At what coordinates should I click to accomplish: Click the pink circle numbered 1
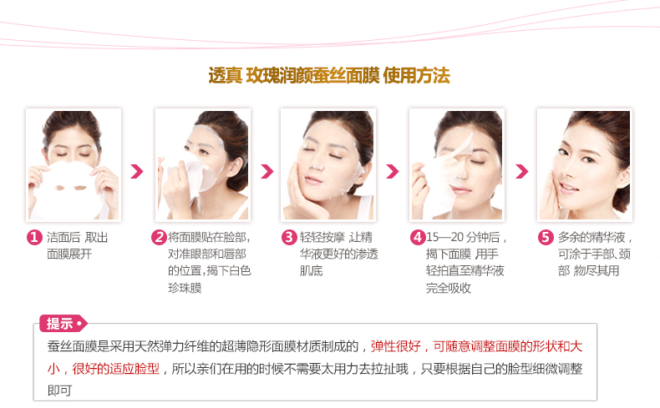pos(34,238)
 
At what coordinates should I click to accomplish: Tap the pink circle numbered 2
pos(159,238)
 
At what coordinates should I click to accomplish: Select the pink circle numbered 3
pos(289,238)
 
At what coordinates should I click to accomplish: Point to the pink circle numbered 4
pos(418,238)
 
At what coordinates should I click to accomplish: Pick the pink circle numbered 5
pos(546,238)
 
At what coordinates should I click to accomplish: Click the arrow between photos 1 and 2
pos(137,171)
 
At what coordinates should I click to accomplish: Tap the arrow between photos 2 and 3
pos(267,171)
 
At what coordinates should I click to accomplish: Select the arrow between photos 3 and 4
pos(393,171)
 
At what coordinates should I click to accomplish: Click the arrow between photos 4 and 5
pos(522,171)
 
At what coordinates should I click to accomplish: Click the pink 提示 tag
pos(63,324)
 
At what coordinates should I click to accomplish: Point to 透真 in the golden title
pos(226,76)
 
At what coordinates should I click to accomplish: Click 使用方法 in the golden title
pos(417,76)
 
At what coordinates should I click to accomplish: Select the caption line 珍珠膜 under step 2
pos(185,288)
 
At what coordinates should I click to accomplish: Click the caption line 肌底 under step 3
pos(311,271)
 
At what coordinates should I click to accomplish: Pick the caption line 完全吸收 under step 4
pos(449,288)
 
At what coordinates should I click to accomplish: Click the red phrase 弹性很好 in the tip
pos(396,346)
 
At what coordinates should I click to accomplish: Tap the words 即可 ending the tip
pos(59,390)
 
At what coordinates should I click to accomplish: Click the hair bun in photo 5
pos(621,190)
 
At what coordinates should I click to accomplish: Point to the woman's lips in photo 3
pos(312,181)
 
